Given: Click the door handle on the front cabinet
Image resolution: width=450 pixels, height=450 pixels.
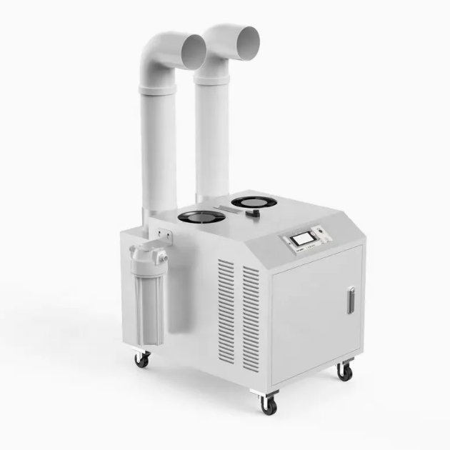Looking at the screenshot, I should [350, 300].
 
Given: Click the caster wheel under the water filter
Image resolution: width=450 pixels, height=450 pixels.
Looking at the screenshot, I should [142, 359].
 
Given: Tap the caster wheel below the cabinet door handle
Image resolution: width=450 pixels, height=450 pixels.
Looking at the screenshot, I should [345, 372].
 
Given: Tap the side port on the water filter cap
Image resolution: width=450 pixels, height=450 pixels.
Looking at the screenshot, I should [164, 255].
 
